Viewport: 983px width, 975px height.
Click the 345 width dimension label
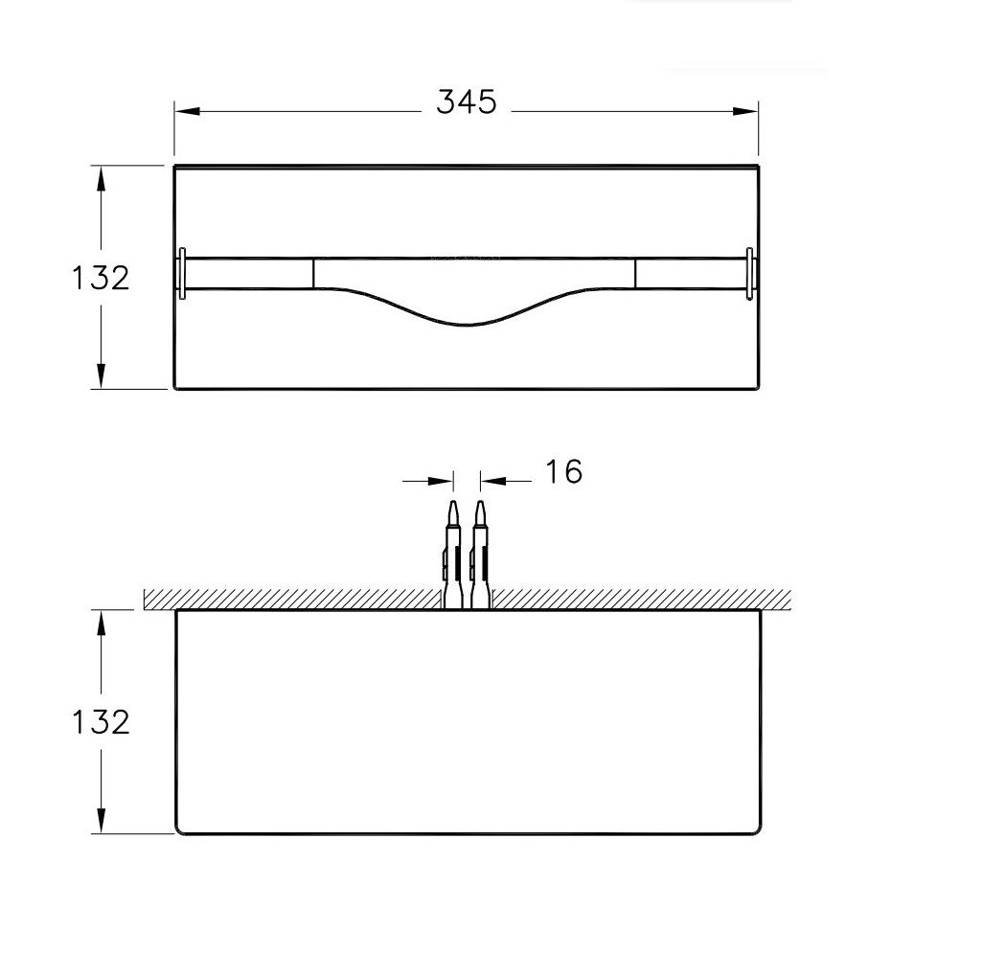click(x=467, y=102)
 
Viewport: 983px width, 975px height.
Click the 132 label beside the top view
click(x=101, y=278)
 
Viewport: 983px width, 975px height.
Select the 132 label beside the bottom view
click(x=101, y=722)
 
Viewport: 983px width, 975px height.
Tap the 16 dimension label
click(x=564, y=472)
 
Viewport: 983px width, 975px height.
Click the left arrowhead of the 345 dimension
click(x=187, y=111)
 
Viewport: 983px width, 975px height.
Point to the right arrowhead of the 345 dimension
click(x=745, y=111)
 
